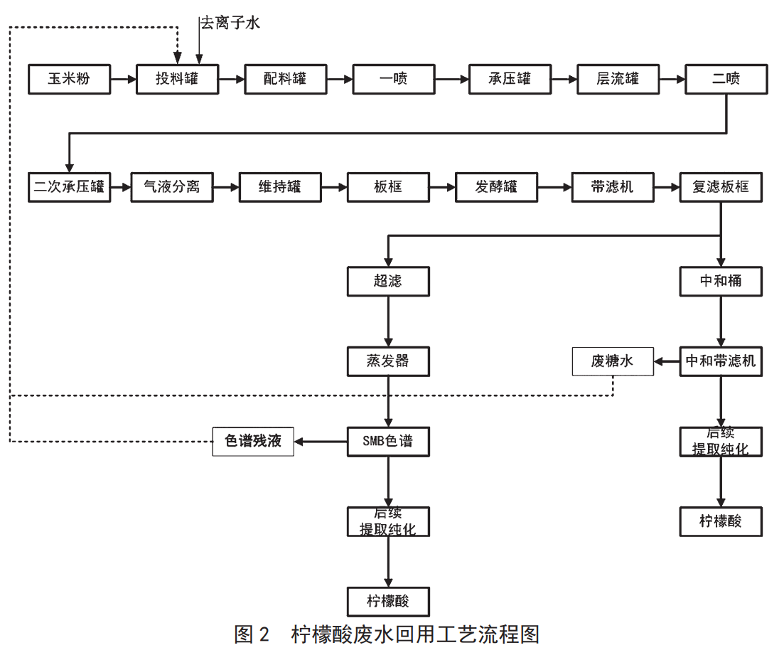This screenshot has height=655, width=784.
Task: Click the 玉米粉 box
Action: pos(70,79)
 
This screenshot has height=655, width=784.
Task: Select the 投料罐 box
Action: pos(178,79)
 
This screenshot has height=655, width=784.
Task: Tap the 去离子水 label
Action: pos(230,23)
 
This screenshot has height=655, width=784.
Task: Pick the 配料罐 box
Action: pos(286,79)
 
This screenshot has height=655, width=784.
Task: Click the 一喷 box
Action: pos(394,79)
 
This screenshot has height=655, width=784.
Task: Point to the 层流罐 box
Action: pos(618,79)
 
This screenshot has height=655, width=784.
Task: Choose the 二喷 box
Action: pos(726,79)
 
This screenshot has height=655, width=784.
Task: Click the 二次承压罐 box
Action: pos(70,187)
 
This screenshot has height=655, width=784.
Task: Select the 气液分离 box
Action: pos(172,187)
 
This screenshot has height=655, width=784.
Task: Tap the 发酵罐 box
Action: pos(496,187)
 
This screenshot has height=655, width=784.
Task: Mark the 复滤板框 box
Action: pos(721,187)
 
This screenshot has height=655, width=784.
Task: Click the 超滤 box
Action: pos(388,281)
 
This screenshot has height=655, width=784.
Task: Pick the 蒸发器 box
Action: pos(388,361)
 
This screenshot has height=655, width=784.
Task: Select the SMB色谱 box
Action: pos(388,441)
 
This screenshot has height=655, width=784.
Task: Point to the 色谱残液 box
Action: pos(254,442)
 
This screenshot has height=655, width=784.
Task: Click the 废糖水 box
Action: pos(613,362)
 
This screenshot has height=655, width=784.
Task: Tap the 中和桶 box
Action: pos(721,281)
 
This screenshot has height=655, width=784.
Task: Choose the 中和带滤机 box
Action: pos(721,361)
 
